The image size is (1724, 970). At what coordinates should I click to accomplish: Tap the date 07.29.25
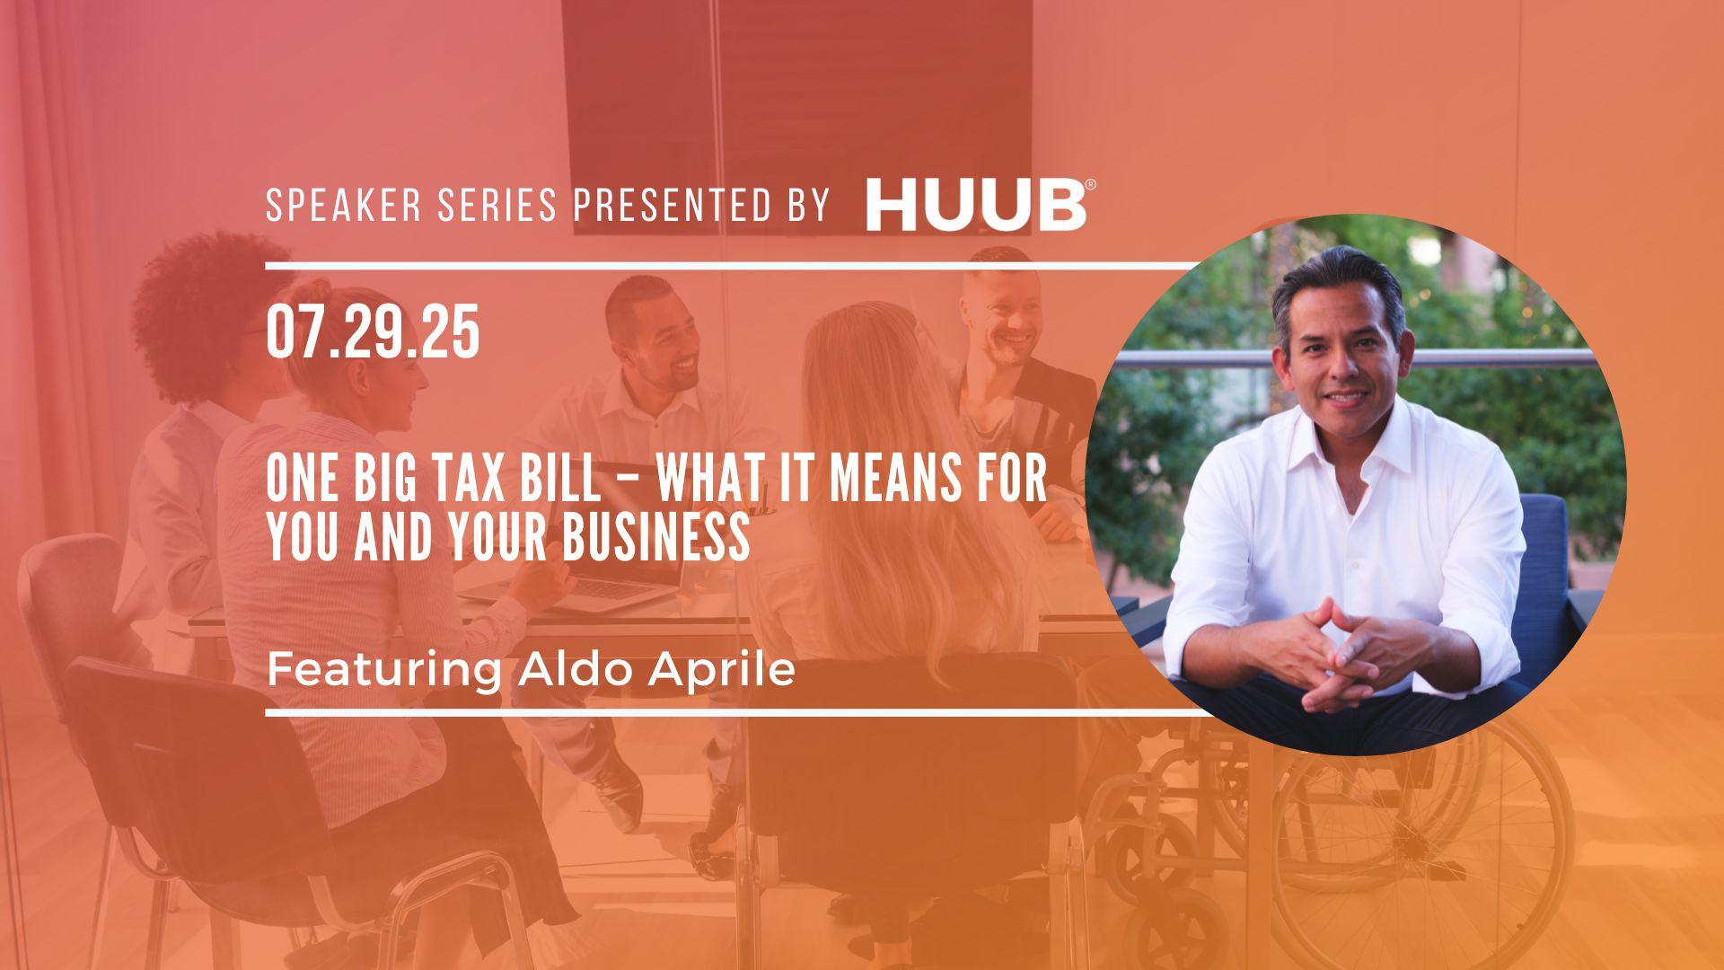coord(373,333)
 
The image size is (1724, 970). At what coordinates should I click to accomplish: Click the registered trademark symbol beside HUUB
coord(1090,185)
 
